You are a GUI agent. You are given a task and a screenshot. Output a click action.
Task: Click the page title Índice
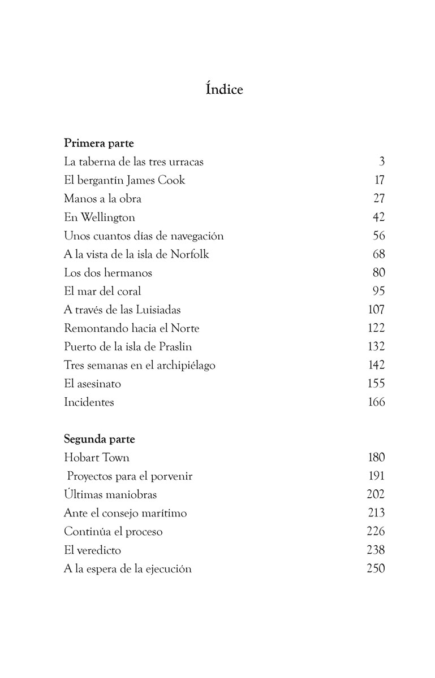click(x=224, y=89)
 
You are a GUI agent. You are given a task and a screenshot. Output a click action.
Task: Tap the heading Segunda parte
click(x=99, y=439)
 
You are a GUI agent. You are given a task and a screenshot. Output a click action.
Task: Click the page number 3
click(x=382, y=162)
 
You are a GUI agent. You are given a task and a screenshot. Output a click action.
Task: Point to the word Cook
click(x=171, y=180)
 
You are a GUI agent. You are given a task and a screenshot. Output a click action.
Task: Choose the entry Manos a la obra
click(x=102, y=199)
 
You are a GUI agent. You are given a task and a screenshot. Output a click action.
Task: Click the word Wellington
click(x=107, y=218)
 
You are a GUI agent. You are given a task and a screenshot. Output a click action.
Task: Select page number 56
click(x=378, y=236)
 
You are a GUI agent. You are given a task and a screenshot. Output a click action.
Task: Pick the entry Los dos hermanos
click(x=107, y=273)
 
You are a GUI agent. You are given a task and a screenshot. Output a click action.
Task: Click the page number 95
click(x=378, y=291)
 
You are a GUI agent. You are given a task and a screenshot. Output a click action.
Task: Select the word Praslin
click(x=179, y=346)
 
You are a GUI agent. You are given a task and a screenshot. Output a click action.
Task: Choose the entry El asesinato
click(x=92, y=384)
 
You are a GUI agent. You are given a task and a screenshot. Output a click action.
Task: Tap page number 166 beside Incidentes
click(x=376, y=402)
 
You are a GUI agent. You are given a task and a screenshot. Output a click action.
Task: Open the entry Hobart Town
click(x=97, y=458)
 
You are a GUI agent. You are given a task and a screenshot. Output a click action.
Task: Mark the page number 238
click(x=376, y=550)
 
